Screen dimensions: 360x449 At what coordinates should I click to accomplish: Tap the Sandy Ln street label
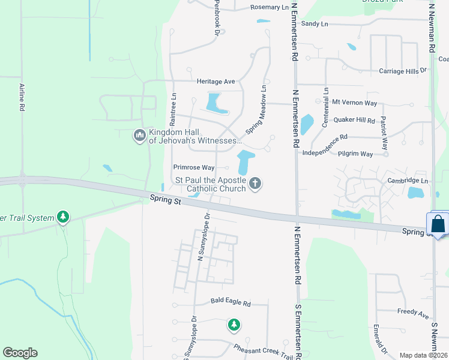pyautogui.click(x=315, y=23)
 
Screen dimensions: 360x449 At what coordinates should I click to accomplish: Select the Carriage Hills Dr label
pyautogui.click(x=402, y=71)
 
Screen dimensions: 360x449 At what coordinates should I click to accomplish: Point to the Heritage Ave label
pyautogui.click(x=215, y=81)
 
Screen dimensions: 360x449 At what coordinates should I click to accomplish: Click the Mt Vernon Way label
pyautogui.click(x=354, y=103)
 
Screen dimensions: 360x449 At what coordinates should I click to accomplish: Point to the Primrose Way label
pyautogui.click(x=193, y=167)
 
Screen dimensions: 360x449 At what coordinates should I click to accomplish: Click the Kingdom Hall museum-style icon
pyautogui.click(x=139, y=136)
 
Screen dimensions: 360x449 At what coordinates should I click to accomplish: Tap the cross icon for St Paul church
pyautogui.click(x=255, y=183)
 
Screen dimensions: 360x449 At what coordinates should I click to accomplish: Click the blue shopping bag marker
pyautogui.click(x=438, y=224)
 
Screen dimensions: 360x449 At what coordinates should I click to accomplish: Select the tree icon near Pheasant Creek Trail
pyautogui.click(x=234, y=325)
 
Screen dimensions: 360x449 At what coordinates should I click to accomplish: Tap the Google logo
pyautogui.click(x=20, y=353)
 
